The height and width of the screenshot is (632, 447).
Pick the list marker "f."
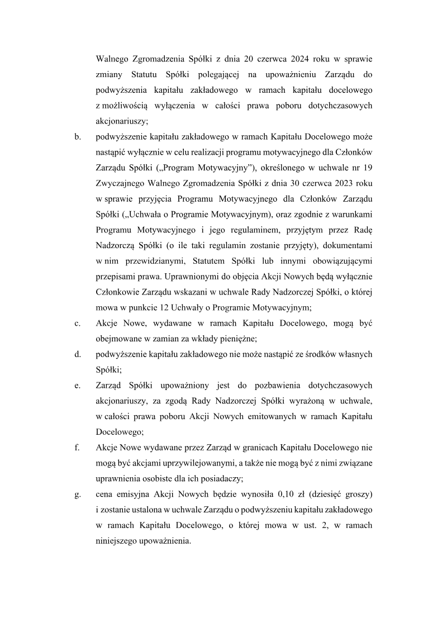77,448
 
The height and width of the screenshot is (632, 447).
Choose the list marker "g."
77,495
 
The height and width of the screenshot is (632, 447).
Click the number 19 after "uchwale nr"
368,167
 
